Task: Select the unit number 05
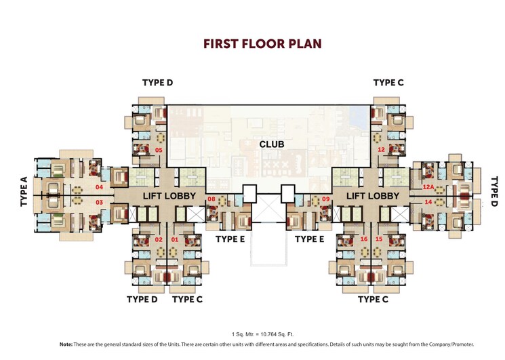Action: pyautogui.click(x=159, y=150)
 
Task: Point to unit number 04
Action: pyautogui.click(x=99, y=186)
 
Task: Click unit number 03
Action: pyautogui.click(x=99, y=202)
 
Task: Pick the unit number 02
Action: pyautogui.click(x=159, y=239)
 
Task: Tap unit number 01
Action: pyautogui.click(x=175, y=239)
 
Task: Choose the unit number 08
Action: pyautogui.click(x=211, y=199)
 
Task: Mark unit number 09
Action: pyautogui.click(x=325, y=199)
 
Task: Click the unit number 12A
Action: pyautogui.click(x=428, y=186)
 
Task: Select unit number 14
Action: pyautogui.click(x=428, y=202)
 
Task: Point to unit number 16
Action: pyautogui.click(x=364, y=239)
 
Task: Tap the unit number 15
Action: pyautogui.click(x=380, y=239)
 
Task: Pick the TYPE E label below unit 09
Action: pyautogui.click(x=310, y=239)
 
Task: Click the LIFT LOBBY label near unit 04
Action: pyautogui.click(x=169, y=196)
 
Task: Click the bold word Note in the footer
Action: pyautogui.click(x=66, y=345)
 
